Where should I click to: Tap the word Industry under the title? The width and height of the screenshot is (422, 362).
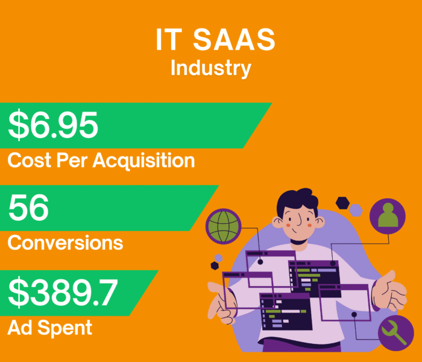[210, 68]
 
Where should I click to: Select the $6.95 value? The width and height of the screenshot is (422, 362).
[52, 125]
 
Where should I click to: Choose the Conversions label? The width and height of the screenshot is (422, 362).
[65, 243]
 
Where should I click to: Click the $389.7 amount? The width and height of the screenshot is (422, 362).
[63, 293]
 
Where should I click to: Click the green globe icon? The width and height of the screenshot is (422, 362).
[224, 227]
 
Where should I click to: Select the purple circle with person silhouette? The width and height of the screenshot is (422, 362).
[387, 217]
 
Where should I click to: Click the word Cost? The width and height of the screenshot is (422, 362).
[30, 160]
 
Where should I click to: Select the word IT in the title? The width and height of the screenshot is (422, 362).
[168, 41]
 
